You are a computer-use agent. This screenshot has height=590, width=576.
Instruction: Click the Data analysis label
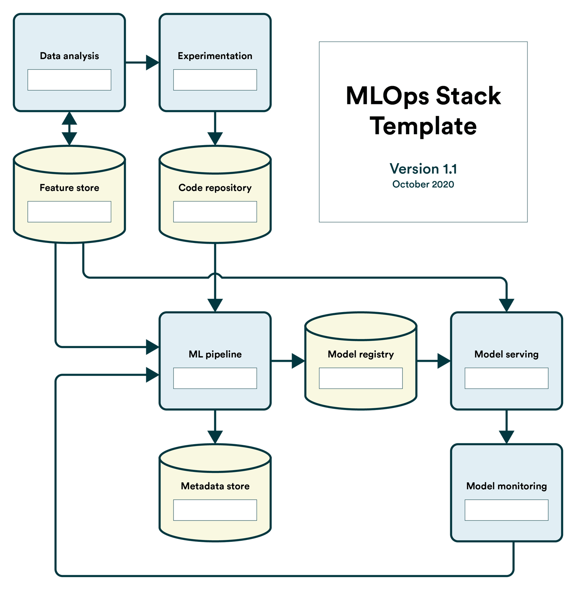(x=69, y=56)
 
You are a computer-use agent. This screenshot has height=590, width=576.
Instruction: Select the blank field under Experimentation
(x=215, y=80)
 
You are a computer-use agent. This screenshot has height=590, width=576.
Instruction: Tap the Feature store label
(x=69, y=188)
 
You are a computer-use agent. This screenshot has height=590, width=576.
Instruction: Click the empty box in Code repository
(x=215, y=212)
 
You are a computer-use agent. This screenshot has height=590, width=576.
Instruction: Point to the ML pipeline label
(x=215, y=354)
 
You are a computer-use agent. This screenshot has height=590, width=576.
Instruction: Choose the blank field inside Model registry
(x=361, y=378)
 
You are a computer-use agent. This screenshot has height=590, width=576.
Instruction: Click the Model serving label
(x=506, y=354)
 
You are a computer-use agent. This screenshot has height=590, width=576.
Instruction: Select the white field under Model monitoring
(x=506, y=510)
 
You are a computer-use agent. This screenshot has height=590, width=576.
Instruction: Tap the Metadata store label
(x=215, y=486)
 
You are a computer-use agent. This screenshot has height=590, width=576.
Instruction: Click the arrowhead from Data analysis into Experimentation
(x=152, y=63)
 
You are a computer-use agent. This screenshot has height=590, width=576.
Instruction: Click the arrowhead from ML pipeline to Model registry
(x=298, y=360)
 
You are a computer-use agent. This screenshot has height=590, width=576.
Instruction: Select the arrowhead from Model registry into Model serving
(x=444, y=360)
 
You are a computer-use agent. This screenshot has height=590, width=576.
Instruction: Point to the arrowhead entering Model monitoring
(x=506, y=437)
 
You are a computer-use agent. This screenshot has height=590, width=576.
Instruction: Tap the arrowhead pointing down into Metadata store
(x=215, y=437)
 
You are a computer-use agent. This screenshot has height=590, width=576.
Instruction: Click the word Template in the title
(x=423, y=126)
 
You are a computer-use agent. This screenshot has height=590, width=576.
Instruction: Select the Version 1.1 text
(x=423, y=169)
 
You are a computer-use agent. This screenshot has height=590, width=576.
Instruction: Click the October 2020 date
(x=423, y=184)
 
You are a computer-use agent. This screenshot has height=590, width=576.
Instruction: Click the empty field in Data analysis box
(x=69, y=80)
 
